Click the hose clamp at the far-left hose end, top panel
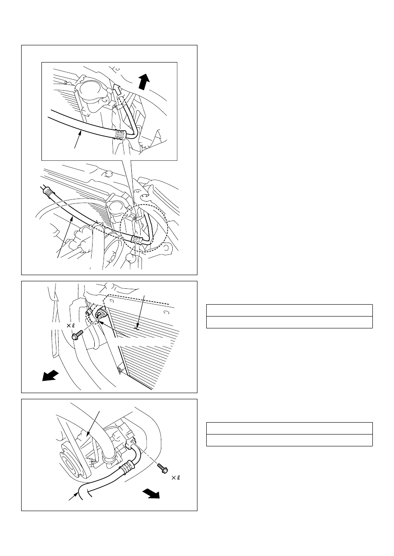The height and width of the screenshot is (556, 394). (x=48, y=191)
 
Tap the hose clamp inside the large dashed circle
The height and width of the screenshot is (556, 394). (x=137, y=239)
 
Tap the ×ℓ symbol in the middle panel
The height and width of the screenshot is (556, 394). (x=71, y=326)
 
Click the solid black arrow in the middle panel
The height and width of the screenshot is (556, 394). (x=50, y=376)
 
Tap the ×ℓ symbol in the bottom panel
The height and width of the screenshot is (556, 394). (x=176, y=477)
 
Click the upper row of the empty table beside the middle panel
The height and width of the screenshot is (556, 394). (x=290, y=310)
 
